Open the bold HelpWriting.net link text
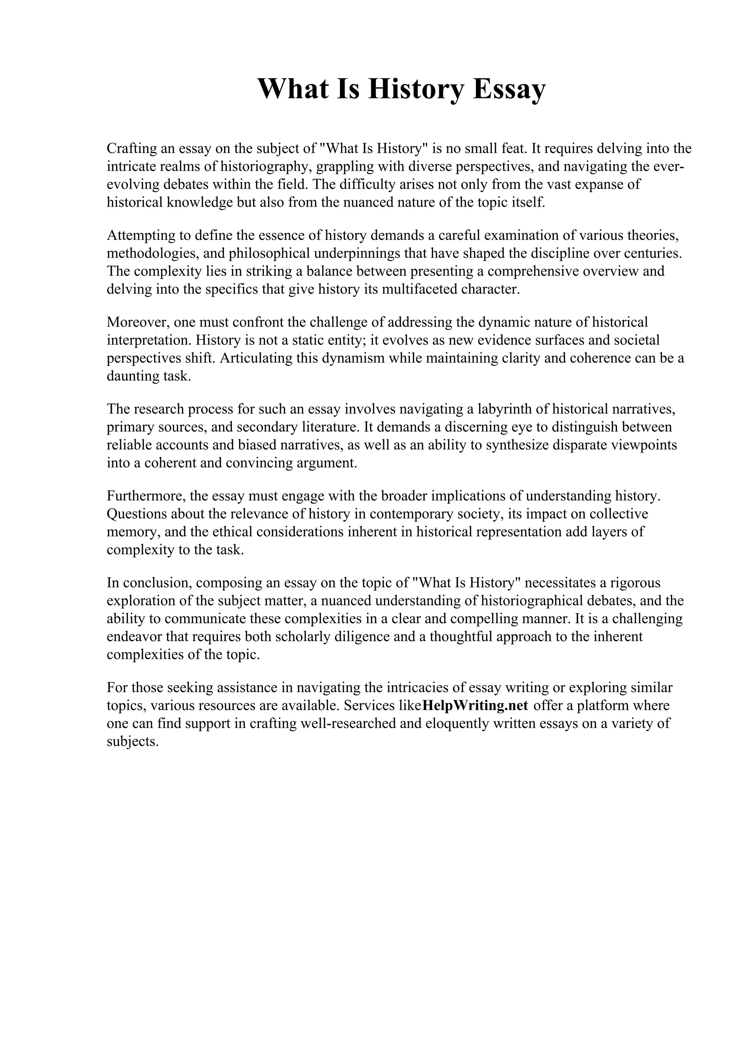[x=475, y=706]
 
